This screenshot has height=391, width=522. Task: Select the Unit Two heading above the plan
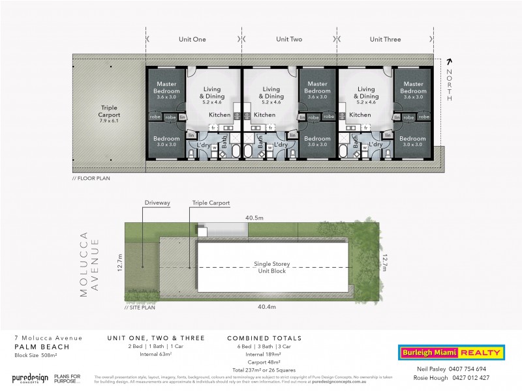click(288, 39)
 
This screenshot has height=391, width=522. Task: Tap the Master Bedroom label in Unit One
click(166, 87)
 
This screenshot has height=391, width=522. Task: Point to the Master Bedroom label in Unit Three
click(413, 87)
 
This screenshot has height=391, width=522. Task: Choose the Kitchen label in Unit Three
click(360, 115)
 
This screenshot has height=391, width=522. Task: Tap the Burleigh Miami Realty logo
click(451, 353)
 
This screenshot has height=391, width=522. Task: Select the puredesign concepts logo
click(31, 379)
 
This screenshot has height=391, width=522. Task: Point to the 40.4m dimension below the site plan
click(267, 306)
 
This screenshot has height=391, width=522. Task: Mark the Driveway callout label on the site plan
click(157, 203)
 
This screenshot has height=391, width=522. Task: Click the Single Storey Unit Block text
click(272, 267)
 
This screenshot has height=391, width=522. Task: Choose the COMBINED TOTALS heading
click(264, 338)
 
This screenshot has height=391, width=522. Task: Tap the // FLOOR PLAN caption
click(92, 177)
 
